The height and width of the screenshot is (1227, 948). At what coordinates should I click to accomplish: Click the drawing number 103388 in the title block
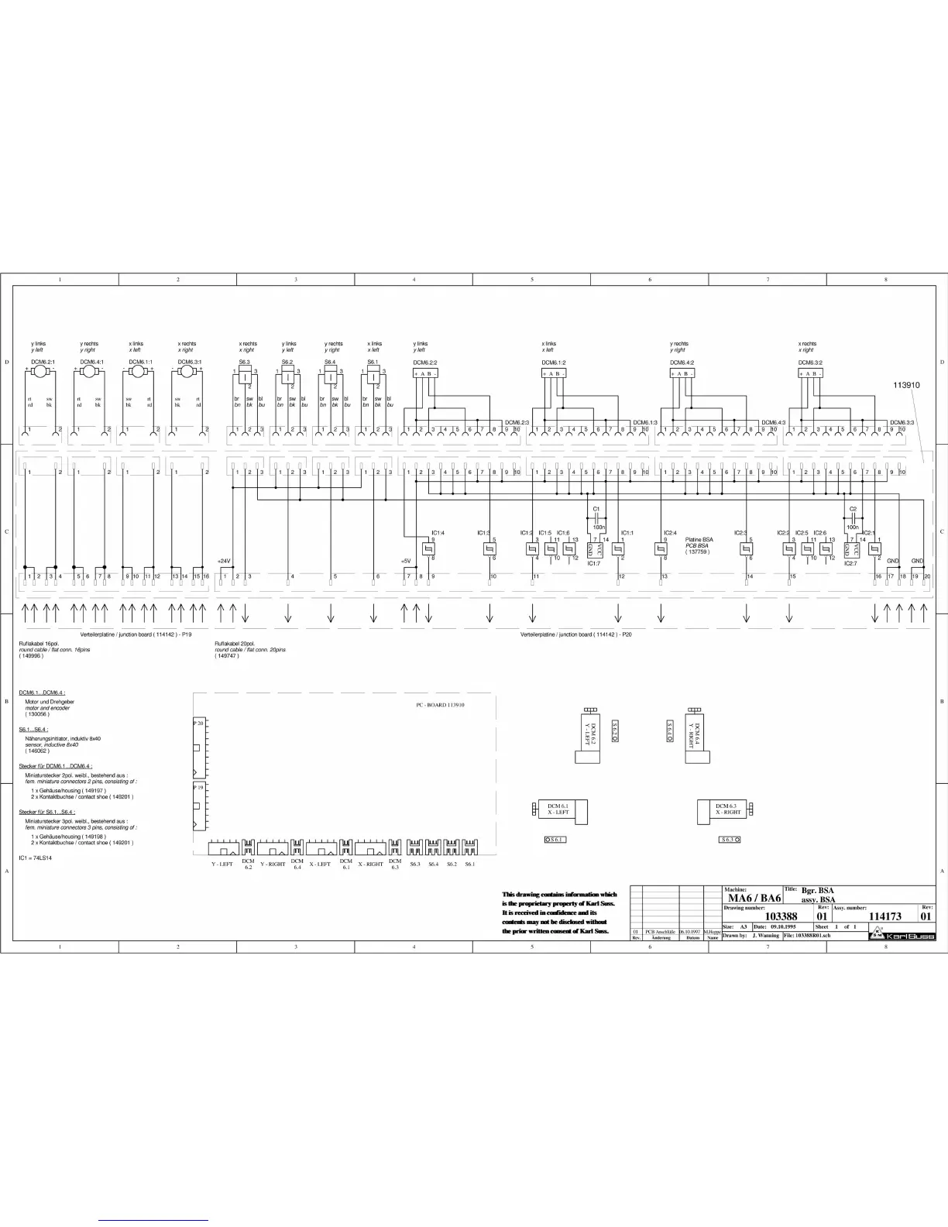click(781, 916)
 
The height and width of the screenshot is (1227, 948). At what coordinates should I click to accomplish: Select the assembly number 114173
click(884, 916)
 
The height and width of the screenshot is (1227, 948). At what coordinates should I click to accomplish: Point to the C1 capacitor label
click(596, 509)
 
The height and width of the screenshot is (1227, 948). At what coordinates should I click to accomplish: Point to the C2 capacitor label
click(852, 509)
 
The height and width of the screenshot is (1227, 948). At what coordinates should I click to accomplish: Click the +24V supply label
click(224, 560)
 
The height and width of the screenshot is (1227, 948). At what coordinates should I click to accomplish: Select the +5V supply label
click(405, 560)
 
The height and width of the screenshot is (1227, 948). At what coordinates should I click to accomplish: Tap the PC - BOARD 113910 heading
click(440, 705)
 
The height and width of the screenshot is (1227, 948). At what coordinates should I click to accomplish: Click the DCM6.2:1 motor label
click(43, 362)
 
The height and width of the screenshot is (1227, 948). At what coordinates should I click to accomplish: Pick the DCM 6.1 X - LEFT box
click(558, 809)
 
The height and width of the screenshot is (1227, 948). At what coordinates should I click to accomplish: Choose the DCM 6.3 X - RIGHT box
click(728, 809)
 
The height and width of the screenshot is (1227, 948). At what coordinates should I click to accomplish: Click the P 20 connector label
click(198, 723)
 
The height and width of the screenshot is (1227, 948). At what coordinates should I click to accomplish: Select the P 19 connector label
click(198, 787)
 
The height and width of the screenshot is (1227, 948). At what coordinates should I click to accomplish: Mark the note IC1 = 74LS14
click(36, 858)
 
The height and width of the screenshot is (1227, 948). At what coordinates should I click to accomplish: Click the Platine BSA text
click(699, 539)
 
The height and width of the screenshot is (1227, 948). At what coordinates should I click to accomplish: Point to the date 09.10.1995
click(783, 926)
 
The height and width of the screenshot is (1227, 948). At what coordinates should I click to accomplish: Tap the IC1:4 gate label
click(438, 532)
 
